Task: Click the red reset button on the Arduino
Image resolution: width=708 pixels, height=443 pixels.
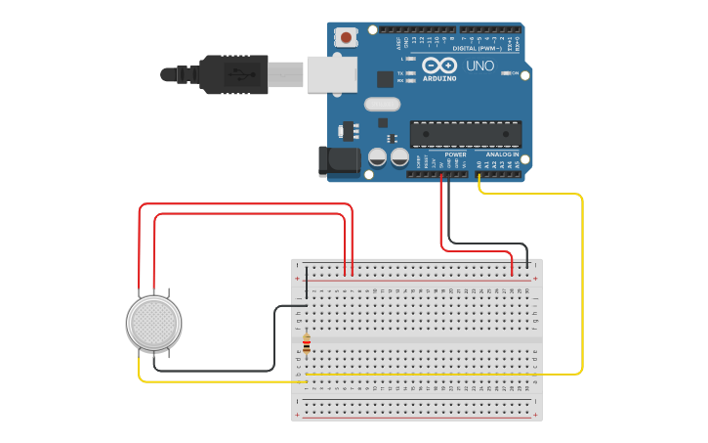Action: (346, 37)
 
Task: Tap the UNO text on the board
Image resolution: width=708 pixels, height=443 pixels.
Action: (479, 66)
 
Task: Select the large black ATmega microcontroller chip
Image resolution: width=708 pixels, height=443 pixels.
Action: (465, 134)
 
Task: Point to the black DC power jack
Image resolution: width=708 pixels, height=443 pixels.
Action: (338, 160)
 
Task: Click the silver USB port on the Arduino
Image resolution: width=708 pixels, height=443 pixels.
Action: (331, 74)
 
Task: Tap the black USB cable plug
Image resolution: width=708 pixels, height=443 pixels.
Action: (233, 74)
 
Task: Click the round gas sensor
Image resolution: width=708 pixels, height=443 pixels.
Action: (154, 323)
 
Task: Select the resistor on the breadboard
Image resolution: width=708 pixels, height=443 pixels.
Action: (306, 343)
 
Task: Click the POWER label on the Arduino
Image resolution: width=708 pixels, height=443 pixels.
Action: (455, 155)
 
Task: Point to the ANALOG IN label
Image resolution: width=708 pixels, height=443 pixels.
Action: (502, 155)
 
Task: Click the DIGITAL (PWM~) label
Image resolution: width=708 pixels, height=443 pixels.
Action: (477, 48)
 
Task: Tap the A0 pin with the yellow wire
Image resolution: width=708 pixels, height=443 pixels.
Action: (479, 174)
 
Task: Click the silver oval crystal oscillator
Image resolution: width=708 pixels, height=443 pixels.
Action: (382, 104)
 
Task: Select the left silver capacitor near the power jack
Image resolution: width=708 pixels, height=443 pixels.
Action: (377, 156)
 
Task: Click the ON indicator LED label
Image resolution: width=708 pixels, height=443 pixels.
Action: (513, 72)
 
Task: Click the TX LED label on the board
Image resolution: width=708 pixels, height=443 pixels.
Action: (400, 73)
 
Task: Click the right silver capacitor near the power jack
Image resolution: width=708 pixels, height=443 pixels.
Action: (399, 156)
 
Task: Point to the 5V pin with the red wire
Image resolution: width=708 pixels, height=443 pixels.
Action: (441, 174)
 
